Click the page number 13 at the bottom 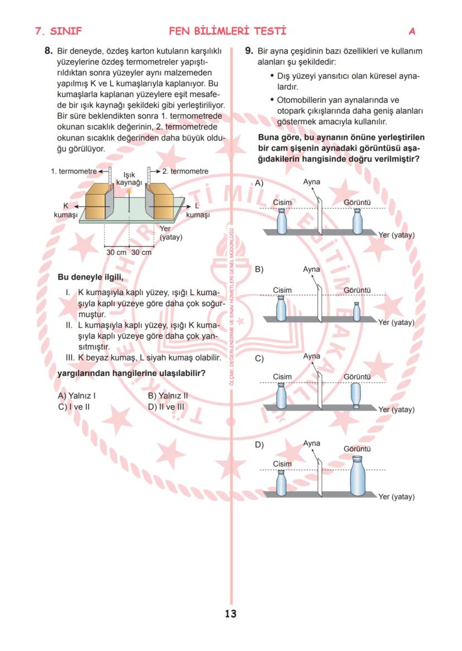230,614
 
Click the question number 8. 49,51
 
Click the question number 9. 249,51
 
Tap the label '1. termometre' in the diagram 73,171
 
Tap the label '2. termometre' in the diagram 185,171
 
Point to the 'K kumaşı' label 65,210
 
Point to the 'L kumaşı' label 198,210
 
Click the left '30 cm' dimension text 117,252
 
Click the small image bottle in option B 357,311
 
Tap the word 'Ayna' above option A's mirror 311,182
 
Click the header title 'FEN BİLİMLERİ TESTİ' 228,31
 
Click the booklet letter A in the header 412,31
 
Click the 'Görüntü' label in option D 357,449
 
